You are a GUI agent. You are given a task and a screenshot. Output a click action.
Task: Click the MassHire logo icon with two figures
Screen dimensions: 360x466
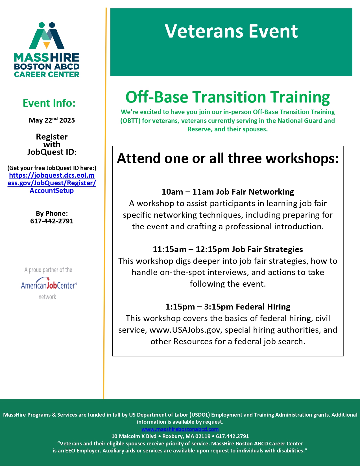pos(47,35)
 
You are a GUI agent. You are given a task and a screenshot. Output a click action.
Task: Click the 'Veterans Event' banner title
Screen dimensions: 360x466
pos(231,31)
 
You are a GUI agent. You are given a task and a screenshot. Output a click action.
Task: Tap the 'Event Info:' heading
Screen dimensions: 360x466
pos(49,103)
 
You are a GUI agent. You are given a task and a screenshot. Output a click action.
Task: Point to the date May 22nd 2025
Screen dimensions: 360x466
pos(52,120)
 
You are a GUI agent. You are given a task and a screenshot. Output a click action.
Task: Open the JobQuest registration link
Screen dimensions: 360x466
pos(52,183)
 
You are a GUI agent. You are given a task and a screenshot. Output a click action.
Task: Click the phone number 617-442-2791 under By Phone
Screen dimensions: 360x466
pos(52,221)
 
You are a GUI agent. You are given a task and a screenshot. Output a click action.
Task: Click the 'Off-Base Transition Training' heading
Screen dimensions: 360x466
pos(228,97)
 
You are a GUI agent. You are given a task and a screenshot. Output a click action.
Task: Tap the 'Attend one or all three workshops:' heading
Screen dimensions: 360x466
pos(228,158)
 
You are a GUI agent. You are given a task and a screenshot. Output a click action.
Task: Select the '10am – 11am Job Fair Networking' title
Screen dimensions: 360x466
pos(228,192)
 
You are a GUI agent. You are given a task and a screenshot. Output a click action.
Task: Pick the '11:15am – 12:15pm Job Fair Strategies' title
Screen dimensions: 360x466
pos(228,249)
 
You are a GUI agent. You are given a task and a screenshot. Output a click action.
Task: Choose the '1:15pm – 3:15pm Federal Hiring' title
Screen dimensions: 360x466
pos(228,307)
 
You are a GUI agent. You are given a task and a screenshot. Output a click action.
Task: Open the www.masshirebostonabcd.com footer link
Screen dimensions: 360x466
pos(180,429)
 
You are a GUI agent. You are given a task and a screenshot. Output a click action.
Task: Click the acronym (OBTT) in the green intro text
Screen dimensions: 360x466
pos(130,121)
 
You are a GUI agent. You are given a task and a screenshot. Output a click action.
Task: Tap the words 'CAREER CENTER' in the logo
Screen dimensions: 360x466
pos(47,74)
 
